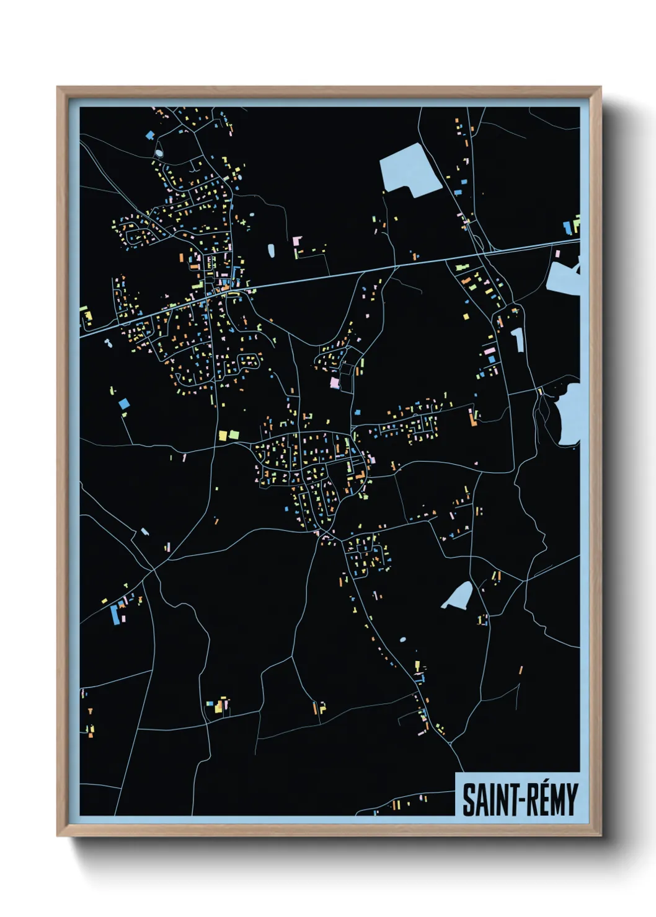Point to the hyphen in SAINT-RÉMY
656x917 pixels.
[x=510, y=801]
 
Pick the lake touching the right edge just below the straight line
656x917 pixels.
[x=564, y=276]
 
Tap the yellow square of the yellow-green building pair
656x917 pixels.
[x=223, y=436]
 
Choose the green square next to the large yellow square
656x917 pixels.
[x=234, y=434]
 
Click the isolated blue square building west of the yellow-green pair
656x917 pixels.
[x=124, y=403]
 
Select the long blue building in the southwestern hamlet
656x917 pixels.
[x=114, y=613]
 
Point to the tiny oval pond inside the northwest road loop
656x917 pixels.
[x=159, y=151]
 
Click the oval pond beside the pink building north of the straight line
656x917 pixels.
[x=272, y=250]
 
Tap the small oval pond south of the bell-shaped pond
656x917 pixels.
[x=403, y=639]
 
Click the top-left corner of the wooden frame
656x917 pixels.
[x=58, y=88]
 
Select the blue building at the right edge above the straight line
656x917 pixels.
[x=567, y=228]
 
